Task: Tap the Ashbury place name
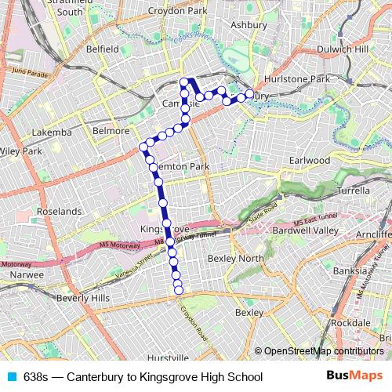249,24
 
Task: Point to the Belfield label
103,49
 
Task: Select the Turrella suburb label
352,191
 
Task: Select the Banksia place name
350,272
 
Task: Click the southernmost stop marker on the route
179,291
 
